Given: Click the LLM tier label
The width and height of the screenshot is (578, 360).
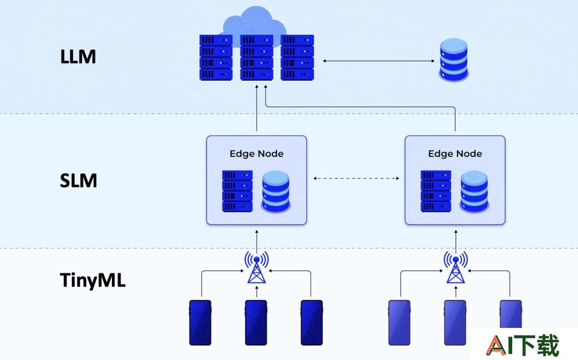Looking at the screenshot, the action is [78, 57].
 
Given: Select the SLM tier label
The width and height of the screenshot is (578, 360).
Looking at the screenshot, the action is [78, 181].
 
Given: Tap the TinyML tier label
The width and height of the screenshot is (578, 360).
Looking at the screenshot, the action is [93, 280].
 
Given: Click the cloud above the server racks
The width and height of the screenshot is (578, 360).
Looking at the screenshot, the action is [255, 22].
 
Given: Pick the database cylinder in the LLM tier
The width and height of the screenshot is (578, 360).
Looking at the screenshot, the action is [453, 60].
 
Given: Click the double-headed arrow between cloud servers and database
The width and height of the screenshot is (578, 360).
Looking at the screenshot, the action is [378, 61].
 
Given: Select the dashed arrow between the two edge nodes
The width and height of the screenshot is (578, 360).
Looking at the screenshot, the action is [356, 178].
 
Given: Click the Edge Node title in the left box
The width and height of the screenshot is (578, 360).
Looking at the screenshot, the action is [256, 154].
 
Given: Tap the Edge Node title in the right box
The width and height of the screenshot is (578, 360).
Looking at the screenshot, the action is [455, 154].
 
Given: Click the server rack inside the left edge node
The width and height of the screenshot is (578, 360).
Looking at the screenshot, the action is [238, 191].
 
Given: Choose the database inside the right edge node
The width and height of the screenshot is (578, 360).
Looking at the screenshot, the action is [474, 192].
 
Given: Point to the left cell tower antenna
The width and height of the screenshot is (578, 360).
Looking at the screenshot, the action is [256, 267].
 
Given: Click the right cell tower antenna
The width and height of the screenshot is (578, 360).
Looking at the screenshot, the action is [455, 267].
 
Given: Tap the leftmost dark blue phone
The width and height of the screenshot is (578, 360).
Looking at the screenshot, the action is [200, 323].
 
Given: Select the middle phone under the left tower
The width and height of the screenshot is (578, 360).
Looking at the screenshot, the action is [256, 323].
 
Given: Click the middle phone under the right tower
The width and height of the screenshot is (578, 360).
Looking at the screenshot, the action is [455, 323].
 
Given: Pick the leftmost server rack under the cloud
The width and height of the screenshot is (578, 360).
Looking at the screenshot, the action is [216, 57].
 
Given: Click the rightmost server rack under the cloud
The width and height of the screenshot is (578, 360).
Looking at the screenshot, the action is [297, 57].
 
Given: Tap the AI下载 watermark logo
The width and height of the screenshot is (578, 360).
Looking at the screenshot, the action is [522, 345].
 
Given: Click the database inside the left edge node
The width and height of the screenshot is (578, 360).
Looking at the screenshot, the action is [276, 192].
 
